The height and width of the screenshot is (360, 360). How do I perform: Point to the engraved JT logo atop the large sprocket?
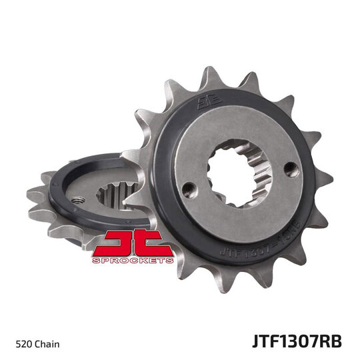206,104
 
